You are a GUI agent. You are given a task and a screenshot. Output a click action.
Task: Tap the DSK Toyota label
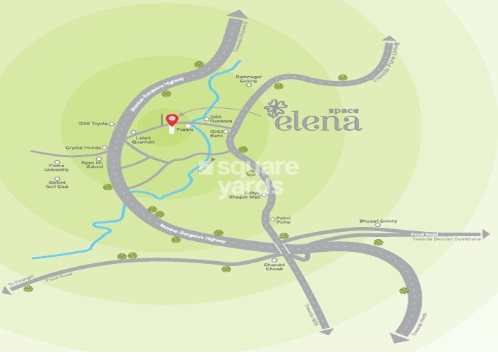click(92, 124)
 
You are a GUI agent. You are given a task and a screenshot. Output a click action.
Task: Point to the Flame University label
click(57, 168)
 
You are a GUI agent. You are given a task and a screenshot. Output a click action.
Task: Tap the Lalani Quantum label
click(144, 139)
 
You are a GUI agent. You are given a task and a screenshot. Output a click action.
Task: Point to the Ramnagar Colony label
click(249, 78)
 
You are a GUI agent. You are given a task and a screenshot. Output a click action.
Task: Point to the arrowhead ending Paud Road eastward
click(485, 233)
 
